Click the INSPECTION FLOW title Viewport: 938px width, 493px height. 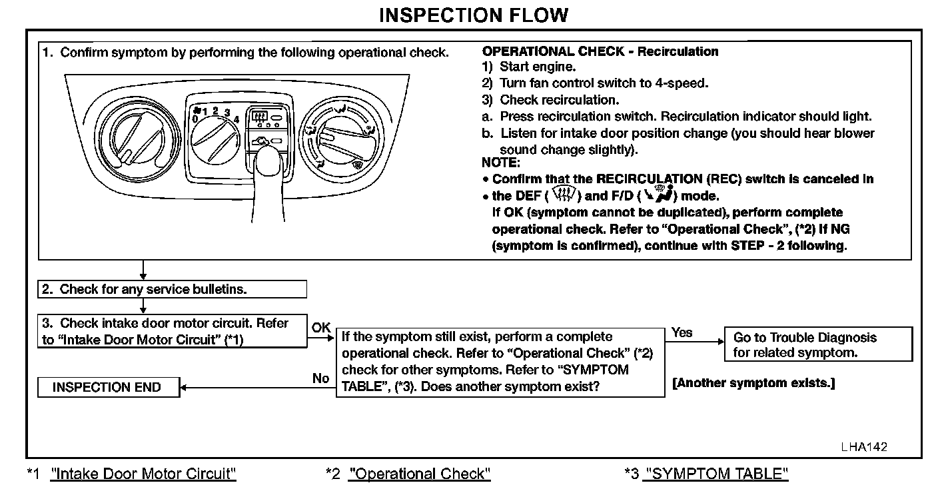pos(474,15)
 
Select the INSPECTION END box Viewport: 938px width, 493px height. pos(108,387)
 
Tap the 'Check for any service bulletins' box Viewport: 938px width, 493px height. pos(172,289)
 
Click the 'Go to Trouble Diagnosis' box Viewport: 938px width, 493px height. pos(818,344)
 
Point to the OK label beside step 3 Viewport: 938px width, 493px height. pos(321,327)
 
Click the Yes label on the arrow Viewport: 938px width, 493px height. pos(682,332)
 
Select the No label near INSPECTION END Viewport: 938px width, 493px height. pos(321,378)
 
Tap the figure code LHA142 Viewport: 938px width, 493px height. pos(863,447)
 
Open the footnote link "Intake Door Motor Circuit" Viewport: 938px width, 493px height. pos(143,474)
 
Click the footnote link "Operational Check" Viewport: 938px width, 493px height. pos(419,474)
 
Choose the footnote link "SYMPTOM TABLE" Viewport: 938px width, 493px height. pos(715,474)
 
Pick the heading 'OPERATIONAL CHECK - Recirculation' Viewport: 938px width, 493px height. pos(600,51)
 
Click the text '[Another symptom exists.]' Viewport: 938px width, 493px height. pos(753,383)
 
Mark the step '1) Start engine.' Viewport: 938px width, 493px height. pos(530,67)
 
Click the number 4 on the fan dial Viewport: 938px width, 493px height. pos(236,119)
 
